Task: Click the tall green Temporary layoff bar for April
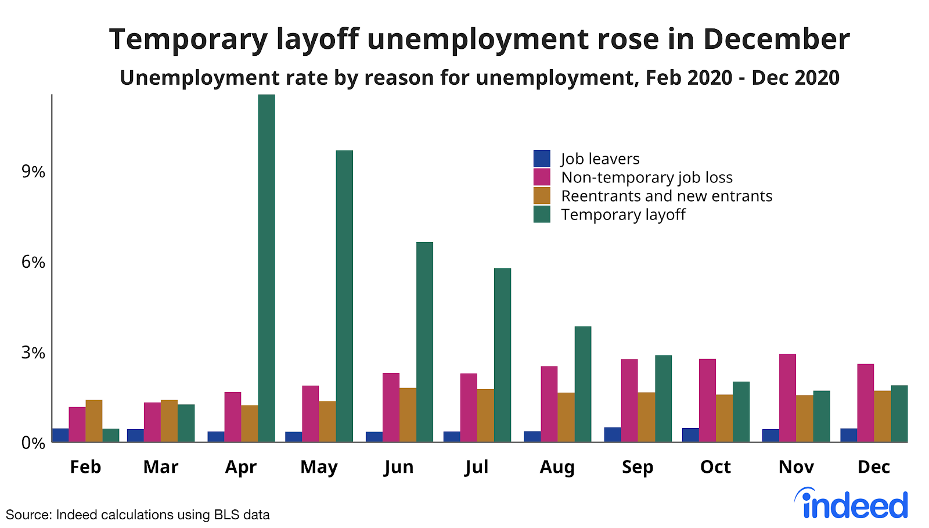click(x=267, y=267)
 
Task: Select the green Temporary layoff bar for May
click(x=344, y=296)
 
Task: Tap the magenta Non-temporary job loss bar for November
click(x=787, y=398)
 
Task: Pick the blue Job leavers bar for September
click(x=613, y=434)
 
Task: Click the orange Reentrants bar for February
click(x=94, y=421)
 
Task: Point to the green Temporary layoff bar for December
click(x=899, y=414)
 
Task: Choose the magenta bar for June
click(x=391, y=407)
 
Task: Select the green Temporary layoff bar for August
click(x=583, y=384)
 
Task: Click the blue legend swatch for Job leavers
click(x=542, y=159)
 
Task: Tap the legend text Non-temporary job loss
click(x=647, y=177)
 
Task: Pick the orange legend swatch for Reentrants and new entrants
click(x=542, y=196)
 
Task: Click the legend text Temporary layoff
click(x=623, y=214)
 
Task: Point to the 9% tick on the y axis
click(x=33, y=171)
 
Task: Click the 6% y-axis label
click(x=33, y=262)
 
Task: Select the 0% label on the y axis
click(x=33, y=443)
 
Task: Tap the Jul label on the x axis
click(x=476, y=467)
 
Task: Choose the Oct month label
click(x=715, y=467)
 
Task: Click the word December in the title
click(x=776, y=39)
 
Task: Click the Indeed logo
click(x=851, y=504)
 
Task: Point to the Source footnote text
click(x=138, y=515)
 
